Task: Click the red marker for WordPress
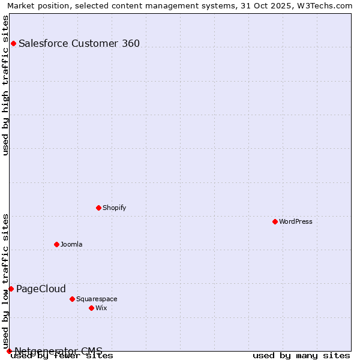pos(275,221)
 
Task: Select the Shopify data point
pos(98,208)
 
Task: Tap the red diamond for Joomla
pos(56,244)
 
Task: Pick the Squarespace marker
pos(72,299)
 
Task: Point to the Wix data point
pos(91,308)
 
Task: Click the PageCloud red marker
pos(11,289)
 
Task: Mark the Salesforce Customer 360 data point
pos(13,43)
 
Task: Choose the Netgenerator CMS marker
pos(9,351)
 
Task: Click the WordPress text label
pos(296,221)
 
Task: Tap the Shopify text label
pos(115,208)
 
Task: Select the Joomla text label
pos(71,244)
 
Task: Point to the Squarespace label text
pos(97,299)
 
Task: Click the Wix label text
pos(101,308)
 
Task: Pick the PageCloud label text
pos(41,289)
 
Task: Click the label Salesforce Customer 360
pos(79,43)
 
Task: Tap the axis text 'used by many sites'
pos(301,356)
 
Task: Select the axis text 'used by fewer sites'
pos(62,356)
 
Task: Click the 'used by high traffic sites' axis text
pos(6,85)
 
